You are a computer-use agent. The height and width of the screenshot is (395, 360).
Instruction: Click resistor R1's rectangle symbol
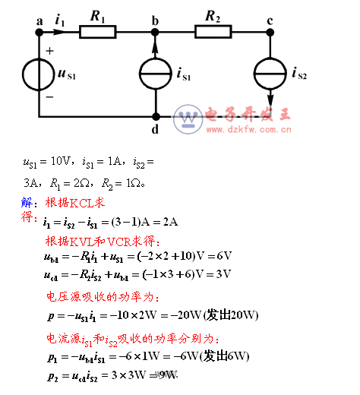tap(97, 31)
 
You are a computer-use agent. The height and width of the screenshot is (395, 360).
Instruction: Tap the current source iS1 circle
tap(155, 74)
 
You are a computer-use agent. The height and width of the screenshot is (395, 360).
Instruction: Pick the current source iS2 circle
tap(270, 74)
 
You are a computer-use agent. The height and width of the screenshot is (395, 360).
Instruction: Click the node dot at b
tap(155, 32)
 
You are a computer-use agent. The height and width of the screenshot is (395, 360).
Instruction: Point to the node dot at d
tap(155, 117)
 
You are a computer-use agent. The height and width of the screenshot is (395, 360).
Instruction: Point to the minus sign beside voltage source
tap(50, 97)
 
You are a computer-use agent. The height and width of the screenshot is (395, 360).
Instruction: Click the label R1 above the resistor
tap(97, 14)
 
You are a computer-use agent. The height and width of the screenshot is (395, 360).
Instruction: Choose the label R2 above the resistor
tap(213, 14)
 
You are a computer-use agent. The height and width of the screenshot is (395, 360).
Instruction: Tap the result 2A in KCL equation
tap(169, 222)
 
